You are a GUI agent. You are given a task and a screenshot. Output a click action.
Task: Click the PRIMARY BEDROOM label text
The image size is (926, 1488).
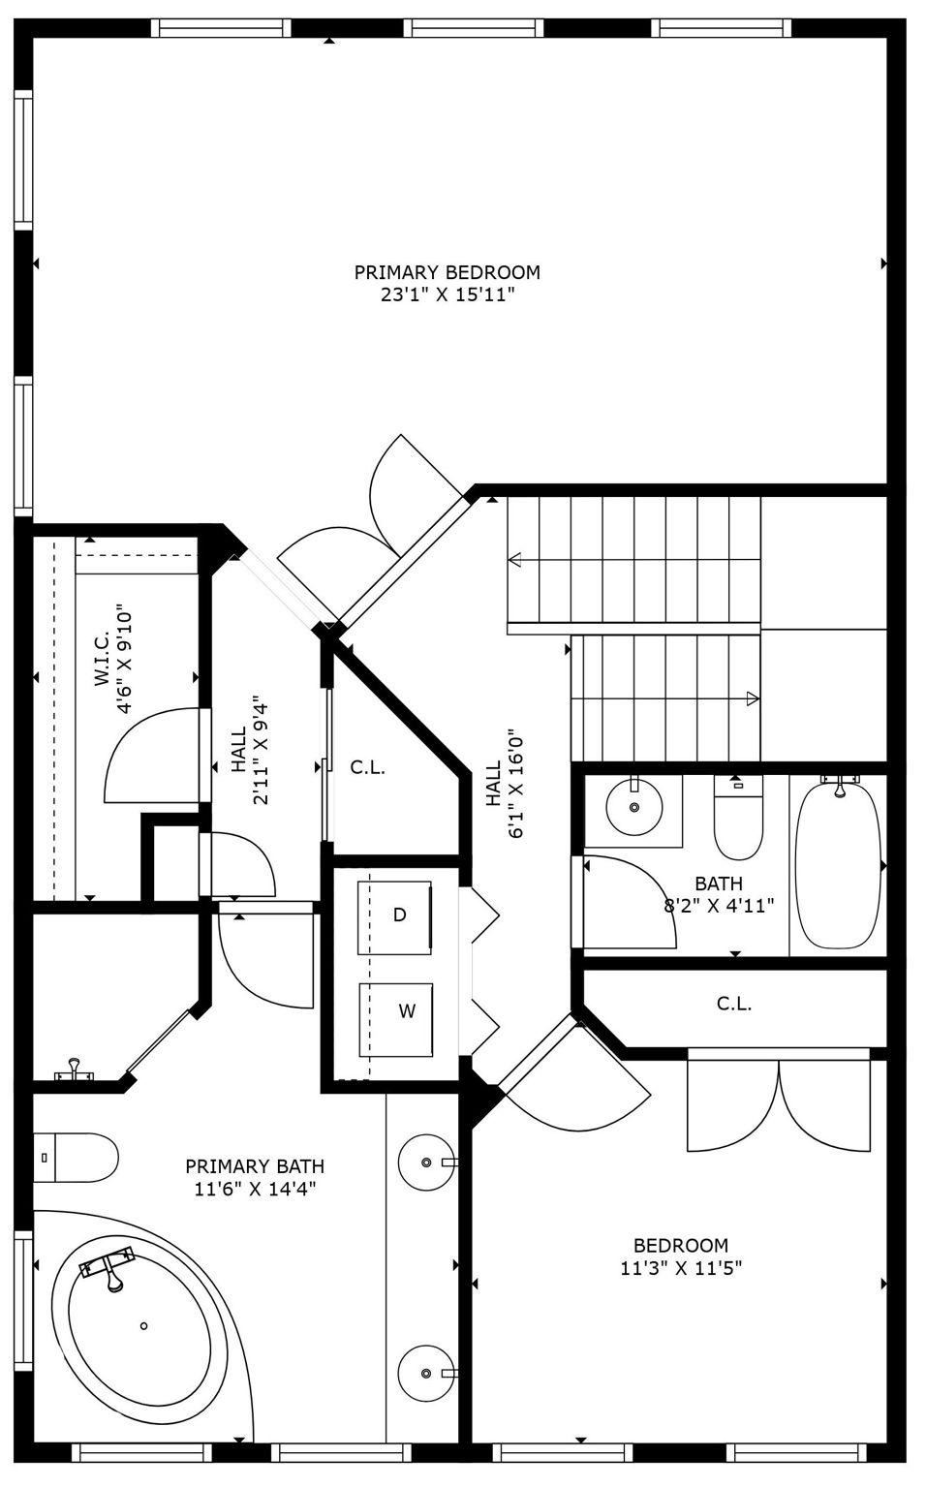coord(447,272)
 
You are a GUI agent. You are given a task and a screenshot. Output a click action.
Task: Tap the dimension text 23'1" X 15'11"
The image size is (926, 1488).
coord(447,295)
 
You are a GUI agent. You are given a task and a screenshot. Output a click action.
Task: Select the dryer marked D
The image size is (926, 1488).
coord(396,915)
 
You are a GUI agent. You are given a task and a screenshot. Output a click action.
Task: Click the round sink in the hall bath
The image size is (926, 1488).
coord(634,807)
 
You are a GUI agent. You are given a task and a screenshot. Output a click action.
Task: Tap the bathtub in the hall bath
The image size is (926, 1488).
coord(838,864)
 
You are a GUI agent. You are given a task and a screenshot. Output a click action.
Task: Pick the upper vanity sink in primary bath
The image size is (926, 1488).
coord(426,1161)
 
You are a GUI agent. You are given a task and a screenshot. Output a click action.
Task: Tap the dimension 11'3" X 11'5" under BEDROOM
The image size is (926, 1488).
coord(681,1268)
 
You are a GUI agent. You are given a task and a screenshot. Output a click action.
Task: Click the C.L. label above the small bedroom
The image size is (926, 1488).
coord(733,1004)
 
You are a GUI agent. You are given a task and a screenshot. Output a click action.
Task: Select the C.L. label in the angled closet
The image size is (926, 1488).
coord(368,767)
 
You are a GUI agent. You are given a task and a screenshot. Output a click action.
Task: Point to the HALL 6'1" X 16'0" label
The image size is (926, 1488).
coord(504,785)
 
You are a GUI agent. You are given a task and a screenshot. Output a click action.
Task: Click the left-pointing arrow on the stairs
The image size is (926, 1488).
coord(514,559)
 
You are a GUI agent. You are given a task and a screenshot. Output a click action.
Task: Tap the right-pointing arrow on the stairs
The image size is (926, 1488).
coord(752,697)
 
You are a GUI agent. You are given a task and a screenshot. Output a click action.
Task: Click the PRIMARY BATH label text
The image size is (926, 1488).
coord(255,1166)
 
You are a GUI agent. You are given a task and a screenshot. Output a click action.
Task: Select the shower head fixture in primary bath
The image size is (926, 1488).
coord(73,1071)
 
